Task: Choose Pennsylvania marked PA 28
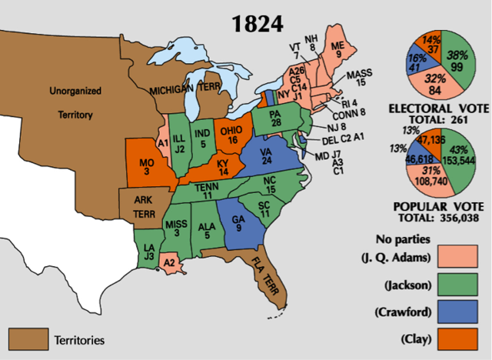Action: point(275,120)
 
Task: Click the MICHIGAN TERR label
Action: point(181,90)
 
